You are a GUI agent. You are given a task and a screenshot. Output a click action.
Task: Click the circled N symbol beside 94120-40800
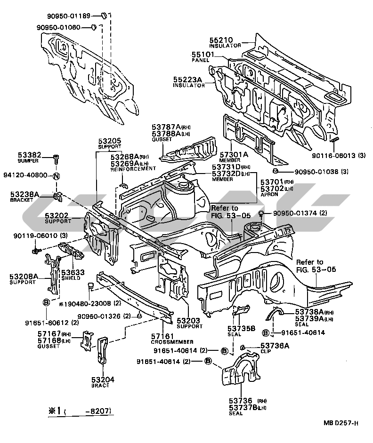(x=56, y=176)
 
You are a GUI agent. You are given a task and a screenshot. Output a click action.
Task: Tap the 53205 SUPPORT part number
(x=110, y=141)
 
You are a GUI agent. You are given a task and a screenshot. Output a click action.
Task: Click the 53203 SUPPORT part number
(x=188, y=321)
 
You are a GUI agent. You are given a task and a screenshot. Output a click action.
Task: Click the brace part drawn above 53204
(x=103, y=350)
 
